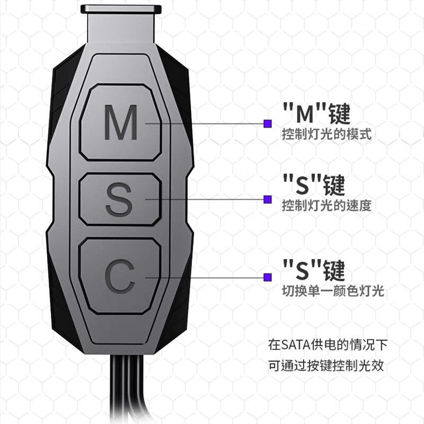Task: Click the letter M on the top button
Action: click(x=121, y=123)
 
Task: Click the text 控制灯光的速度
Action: click(x=326, y=205)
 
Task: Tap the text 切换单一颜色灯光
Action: click(x=333, y=290)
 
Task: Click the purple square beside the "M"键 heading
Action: click(x=268, y=123)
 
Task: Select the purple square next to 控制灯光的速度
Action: click(x=268, y=199)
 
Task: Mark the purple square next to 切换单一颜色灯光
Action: click(x=268, y=276)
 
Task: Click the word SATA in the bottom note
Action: click(x=293, y=346)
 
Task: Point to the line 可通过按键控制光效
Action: click(x=326, y=366)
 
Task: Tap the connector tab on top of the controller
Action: click(x=121, y=11)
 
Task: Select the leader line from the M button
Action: click(x=212, y=123)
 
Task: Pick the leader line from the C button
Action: click(x=212, y=276)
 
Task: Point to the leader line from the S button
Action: click(x=212, y=199)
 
